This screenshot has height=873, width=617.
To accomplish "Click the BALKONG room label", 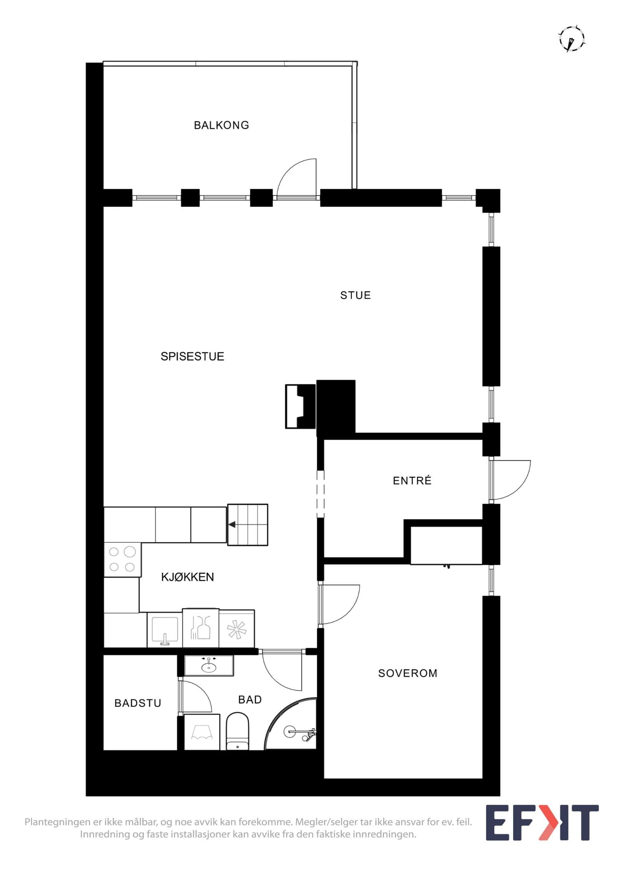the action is tap(221, 125).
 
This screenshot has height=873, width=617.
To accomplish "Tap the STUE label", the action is tap(355, 295).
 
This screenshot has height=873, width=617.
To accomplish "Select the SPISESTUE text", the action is tap(192, 356).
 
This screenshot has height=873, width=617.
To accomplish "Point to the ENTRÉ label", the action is tap(412, 481).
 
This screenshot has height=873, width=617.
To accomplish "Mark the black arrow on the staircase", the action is tap(231, 525).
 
